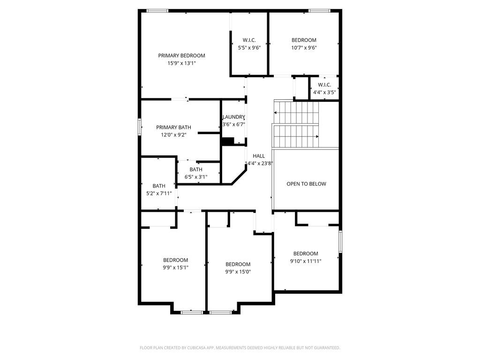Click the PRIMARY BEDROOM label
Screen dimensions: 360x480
point(181,55)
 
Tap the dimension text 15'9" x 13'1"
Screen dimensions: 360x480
point(181,63)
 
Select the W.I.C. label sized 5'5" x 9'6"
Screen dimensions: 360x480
point(248,40)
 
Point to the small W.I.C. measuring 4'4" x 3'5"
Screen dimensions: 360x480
point(324,85)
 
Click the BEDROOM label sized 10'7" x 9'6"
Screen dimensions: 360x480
point(304,40)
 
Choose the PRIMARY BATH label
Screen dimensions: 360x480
point(173,127)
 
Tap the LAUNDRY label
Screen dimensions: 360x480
point(233,117)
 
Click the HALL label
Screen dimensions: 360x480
point(259,156)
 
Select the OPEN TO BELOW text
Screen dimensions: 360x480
point(306,184)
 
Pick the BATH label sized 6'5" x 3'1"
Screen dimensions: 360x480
point(196,169)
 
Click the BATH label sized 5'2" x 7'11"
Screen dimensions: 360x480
point(159,186)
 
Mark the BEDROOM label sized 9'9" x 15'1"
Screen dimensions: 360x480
point(176,260)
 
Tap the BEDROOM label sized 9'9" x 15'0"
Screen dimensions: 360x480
point(238,264)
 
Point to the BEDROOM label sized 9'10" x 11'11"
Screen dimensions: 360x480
point(306,254)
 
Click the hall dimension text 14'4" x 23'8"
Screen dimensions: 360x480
point(259,163)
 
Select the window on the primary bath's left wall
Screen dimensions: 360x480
point(139,127)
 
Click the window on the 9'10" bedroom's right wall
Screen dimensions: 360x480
point(340,241)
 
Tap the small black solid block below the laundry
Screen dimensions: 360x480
point(227,141)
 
